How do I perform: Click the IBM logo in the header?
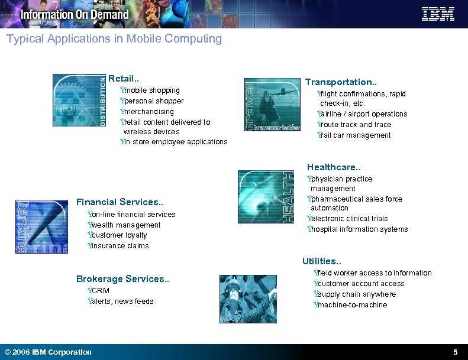pyautogui.click(x=438, y=14)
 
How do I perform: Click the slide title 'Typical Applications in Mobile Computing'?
pyautogui.click(x=114, y=39)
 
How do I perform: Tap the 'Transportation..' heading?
pyautogui.click(x=338, y=82)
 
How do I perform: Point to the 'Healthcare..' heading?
pyautogui.click(x=333, y=167)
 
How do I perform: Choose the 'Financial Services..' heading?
pyautogui.click(x=114, y=202)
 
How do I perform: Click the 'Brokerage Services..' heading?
pyautogui.click(x=122, y=279)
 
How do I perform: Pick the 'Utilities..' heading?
pyautogui.click(x=322, y=261)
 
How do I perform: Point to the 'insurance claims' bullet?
pyautogui.click(x=119, y=246)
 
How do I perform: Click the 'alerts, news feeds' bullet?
pyautogui.click(x=121, y=301)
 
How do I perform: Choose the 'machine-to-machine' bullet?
pyautogui.click(x=351, y=305)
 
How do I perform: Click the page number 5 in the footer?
pyautogui.click(x=455, y=352)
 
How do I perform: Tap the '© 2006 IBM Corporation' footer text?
pyautogui.click(x=48, y=352)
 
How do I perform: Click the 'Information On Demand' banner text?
pyautogui.click(x=75, y=14)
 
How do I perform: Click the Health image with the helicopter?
pyautogui.click(x=266, y=197)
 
